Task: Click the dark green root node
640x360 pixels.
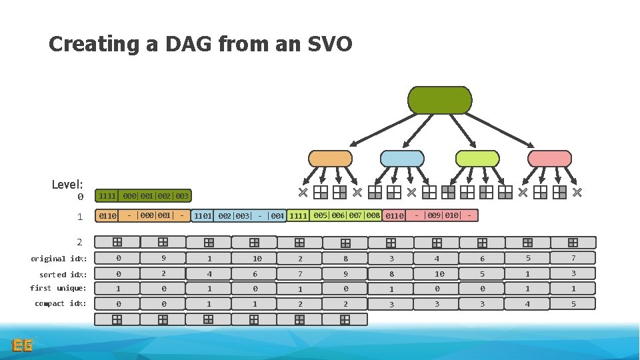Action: point(439,100)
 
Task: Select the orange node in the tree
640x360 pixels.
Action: point(329,158)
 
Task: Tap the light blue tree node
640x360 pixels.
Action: point(401,158)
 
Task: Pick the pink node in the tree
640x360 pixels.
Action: point(549,158)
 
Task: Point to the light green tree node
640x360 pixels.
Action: point(477,158)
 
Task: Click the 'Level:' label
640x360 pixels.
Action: point(67,184)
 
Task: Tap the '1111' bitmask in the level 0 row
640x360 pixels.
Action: point(107,196)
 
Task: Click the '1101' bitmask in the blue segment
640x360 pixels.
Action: point(203,216)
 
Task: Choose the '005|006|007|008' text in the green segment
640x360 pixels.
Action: point(346,215)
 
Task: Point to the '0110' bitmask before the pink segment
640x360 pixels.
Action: point(395,216)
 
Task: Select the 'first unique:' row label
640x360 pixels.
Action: point(58,288)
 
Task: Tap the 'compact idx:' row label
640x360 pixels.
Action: point(60,303)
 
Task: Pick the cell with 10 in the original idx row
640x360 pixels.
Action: point(257,259)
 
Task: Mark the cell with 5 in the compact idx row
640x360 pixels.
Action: point(573,303)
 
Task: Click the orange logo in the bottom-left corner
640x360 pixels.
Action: point(23,345)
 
